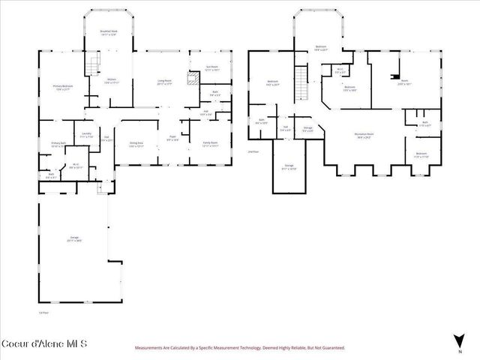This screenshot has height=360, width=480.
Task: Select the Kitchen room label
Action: (x=110, y=80)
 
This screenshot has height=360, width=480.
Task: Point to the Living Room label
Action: (x=164, y=82)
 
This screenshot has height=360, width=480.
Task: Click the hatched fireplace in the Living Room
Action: (x=193, y=77)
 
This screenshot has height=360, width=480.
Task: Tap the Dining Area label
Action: (x=136, y=145)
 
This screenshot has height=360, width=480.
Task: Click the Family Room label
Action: (x=209, y=144)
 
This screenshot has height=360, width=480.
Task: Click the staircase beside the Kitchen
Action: (x=94, y=66)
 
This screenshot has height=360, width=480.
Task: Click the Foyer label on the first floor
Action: (x=171, y=139)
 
